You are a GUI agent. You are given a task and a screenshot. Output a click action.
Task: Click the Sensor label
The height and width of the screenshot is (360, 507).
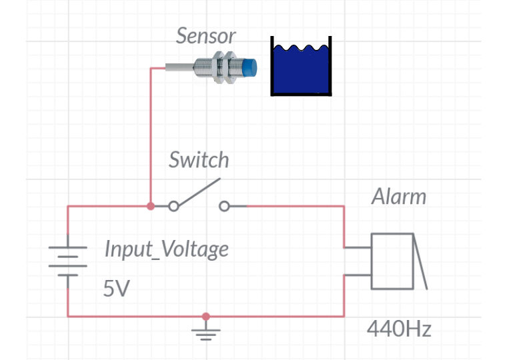(x=205, y=35)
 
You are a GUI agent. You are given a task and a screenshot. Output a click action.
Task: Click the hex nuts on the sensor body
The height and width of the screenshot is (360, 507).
(x=223, y=67)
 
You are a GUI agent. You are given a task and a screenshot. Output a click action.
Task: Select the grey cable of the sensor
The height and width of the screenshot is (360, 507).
(x=179, y=67)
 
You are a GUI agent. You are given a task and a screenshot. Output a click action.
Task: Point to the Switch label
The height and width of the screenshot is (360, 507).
(x=199, y=159)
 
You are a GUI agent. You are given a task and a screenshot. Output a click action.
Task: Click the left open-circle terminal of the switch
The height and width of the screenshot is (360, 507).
(x=173, y=206)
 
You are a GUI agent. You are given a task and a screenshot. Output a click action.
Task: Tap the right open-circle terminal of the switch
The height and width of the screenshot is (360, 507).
(x=224, y=206)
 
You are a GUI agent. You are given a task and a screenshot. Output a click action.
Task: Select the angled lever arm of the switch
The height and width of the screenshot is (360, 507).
(x=199, y=192)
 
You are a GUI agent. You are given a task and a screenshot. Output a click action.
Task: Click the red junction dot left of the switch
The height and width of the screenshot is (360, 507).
(x=150, y=206)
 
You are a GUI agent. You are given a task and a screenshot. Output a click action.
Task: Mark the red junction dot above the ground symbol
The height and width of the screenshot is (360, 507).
(x=205, y=317)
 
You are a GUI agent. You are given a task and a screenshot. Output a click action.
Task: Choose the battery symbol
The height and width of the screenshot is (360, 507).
(x=68, y=261)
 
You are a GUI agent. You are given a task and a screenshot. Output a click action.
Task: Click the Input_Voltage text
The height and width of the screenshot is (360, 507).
(x=167, y=249)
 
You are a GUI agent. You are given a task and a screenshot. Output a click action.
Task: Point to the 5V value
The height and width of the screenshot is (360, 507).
(x=116, y=289)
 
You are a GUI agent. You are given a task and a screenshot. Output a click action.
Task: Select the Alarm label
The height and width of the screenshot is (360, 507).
(x=399, y=197)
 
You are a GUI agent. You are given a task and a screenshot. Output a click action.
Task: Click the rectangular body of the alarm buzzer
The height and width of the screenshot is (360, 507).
(x=392, y=261)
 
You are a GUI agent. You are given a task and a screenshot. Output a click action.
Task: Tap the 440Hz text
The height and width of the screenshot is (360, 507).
(x=399, y=329)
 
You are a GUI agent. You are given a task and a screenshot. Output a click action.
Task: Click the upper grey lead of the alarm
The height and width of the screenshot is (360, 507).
(x=358, y=248)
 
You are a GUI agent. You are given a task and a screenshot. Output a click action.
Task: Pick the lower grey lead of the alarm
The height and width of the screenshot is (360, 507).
(x=358, y=275)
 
